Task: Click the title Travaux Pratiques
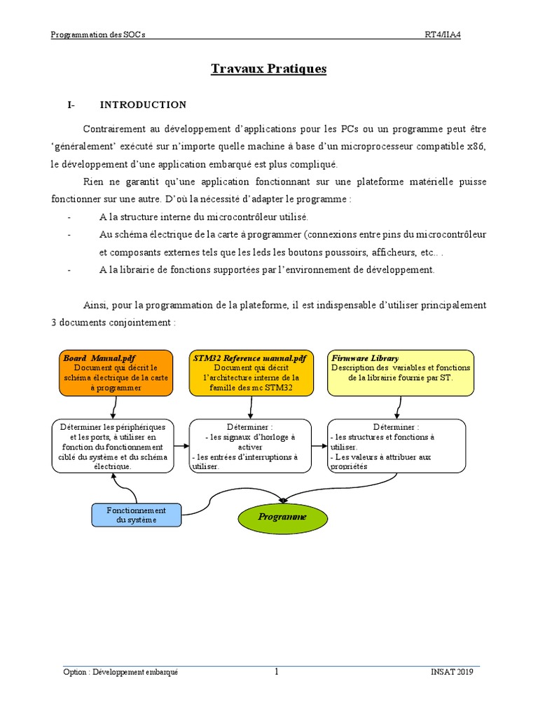point(269,69)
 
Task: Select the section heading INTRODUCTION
point(143,105)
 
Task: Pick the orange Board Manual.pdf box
point(115,372)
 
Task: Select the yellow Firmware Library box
point(401,372)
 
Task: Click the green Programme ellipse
point(282,517)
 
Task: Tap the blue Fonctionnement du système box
point(136,515)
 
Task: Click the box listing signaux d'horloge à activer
point(250,446)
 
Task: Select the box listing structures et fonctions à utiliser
point(396,446)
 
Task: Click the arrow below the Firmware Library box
point(399,407)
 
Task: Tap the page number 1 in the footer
point(276,672)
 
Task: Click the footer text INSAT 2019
point(452,672)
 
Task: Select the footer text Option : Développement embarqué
point(120,672)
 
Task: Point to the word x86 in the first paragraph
point(476,147)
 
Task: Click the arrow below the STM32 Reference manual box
point(250,407)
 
